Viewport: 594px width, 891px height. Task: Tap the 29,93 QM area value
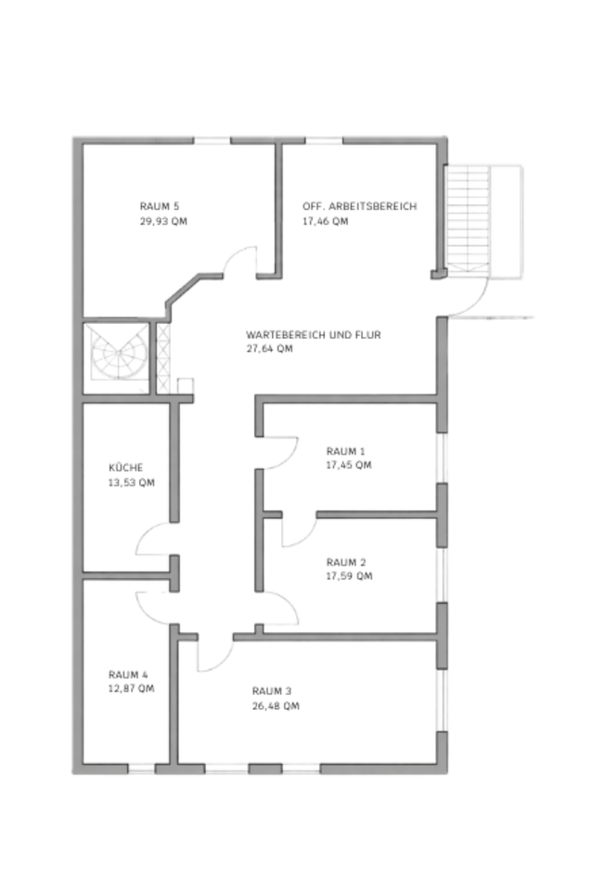click(163, 222)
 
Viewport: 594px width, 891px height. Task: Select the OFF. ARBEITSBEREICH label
click(359, 206)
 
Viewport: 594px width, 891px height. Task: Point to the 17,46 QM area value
click(325, 222)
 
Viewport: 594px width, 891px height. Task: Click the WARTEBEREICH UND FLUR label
click(314, 334)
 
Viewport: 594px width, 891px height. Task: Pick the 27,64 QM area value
click(269, 349)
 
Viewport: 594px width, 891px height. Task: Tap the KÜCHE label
click(126, 468)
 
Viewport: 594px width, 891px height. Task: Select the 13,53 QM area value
click(132, 483)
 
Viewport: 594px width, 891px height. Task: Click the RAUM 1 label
click(345, 450)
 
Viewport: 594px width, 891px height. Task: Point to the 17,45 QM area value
click(349, 465)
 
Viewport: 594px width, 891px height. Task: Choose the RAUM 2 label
click(346, 562)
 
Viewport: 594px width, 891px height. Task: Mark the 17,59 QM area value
click(349, 576)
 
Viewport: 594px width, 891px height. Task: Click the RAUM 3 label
click(272, 691)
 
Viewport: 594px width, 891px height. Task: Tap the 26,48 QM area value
click(276, 706)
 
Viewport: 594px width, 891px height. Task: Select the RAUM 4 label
click(128, 674)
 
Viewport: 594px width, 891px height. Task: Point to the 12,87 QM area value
click(132, 689)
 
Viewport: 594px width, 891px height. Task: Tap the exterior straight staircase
click(466, 220)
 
